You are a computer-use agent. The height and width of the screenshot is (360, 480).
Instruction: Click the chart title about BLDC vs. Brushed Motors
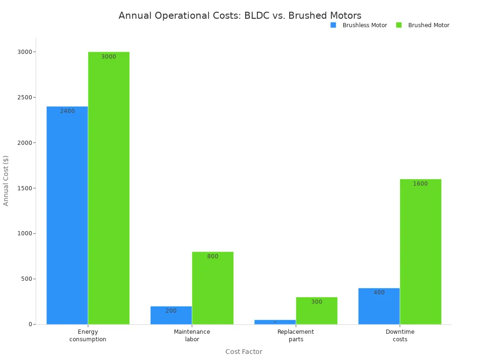pos(240,15)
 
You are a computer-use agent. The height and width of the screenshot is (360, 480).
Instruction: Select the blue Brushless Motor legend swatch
pos(333,25)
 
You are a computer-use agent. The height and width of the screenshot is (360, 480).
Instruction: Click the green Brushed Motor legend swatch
pos(399,25)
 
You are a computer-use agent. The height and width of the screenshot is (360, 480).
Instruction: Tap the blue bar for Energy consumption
pos(67,215)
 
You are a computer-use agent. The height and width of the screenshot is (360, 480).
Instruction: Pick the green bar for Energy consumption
pos(109,188)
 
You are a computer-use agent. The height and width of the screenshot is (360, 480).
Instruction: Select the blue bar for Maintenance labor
pos(171,315)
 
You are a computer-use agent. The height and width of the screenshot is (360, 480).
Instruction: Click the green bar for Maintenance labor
pos(212,288)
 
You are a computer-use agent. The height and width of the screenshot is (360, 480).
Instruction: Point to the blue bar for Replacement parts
pos(275,322)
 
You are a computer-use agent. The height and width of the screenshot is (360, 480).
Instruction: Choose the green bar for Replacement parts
pos(316,310)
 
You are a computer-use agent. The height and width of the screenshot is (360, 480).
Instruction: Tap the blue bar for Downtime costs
pos(379,306)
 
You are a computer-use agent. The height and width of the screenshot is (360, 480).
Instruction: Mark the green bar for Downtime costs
pos(420,251)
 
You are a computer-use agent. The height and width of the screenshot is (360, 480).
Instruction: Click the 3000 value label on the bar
pos(109,57)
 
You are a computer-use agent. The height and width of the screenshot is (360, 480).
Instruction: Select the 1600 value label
pos(420,184)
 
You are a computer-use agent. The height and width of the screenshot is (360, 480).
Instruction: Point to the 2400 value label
pos(67,111)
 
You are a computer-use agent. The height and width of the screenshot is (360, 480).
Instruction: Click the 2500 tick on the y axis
pos(22,97)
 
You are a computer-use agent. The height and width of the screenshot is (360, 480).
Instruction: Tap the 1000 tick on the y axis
pos(22,233)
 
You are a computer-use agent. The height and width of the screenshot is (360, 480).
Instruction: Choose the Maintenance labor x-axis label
pos(192,335)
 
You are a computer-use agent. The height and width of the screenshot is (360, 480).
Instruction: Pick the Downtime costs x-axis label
pos(400,335)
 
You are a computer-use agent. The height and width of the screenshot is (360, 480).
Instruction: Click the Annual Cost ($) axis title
pos(6,180)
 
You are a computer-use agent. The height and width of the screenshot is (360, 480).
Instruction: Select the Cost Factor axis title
pos(244,352)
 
